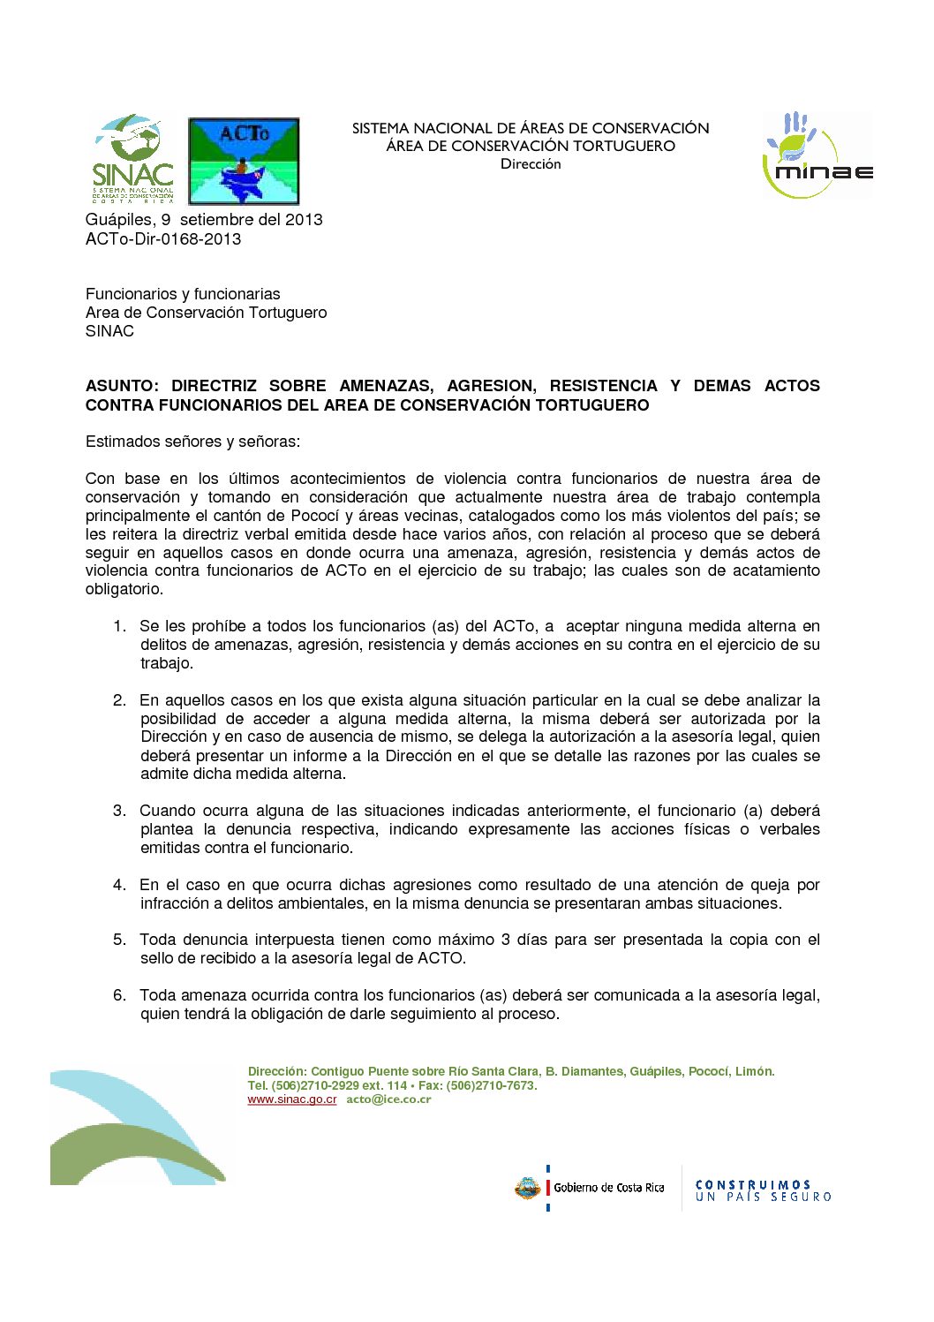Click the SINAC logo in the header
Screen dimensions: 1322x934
point(132,159)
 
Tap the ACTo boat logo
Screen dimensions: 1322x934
point(244,162)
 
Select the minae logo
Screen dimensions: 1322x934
point(817,155)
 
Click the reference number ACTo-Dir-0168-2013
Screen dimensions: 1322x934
point(163,239)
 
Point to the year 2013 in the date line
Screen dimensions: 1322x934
point(304,220)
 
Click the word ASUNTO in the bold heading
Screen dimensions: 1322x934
point(121,386)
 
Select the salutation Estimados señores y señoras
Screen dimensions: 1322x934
point(192,442)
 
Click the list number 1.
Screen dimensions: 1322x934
point(119,626)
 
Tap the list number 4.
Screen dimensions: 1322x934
point(119,885)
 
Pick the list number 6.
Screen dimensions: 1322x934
point(119,995)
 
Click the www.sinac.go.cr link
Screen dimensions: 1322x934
point(291,1099)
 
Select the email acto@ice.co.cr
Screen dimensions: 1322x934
point(388,1099)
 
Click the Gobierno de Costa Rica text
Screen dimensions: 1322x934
point(609,1188)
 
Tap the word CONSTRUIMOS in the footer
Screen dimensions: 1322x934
point(753,1184)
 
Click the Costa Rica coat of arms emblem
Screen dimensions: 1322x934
point(527,1189)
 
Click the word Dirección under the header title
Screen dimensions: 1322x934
point(531,164)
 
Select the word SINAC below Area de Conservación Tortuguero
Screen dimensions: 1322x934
point(109,331)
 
